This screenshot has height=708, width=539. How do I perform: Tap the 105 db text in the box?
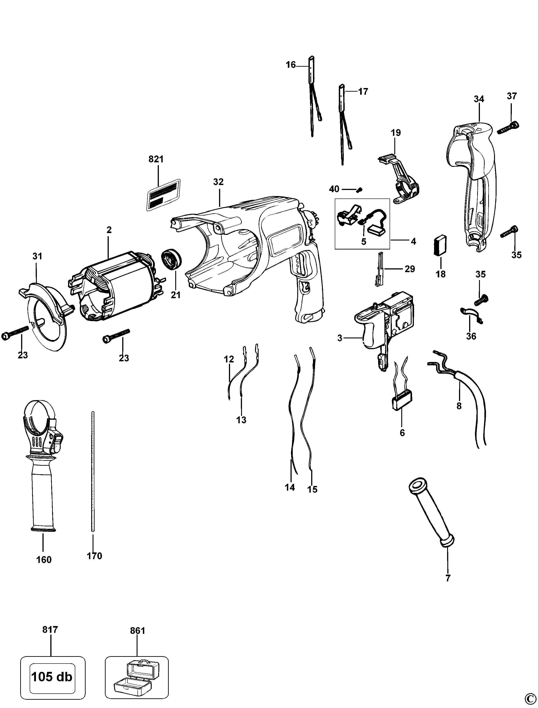[52, 677]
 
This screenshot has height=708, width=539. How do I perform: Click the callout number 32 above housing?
[218, 182]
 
